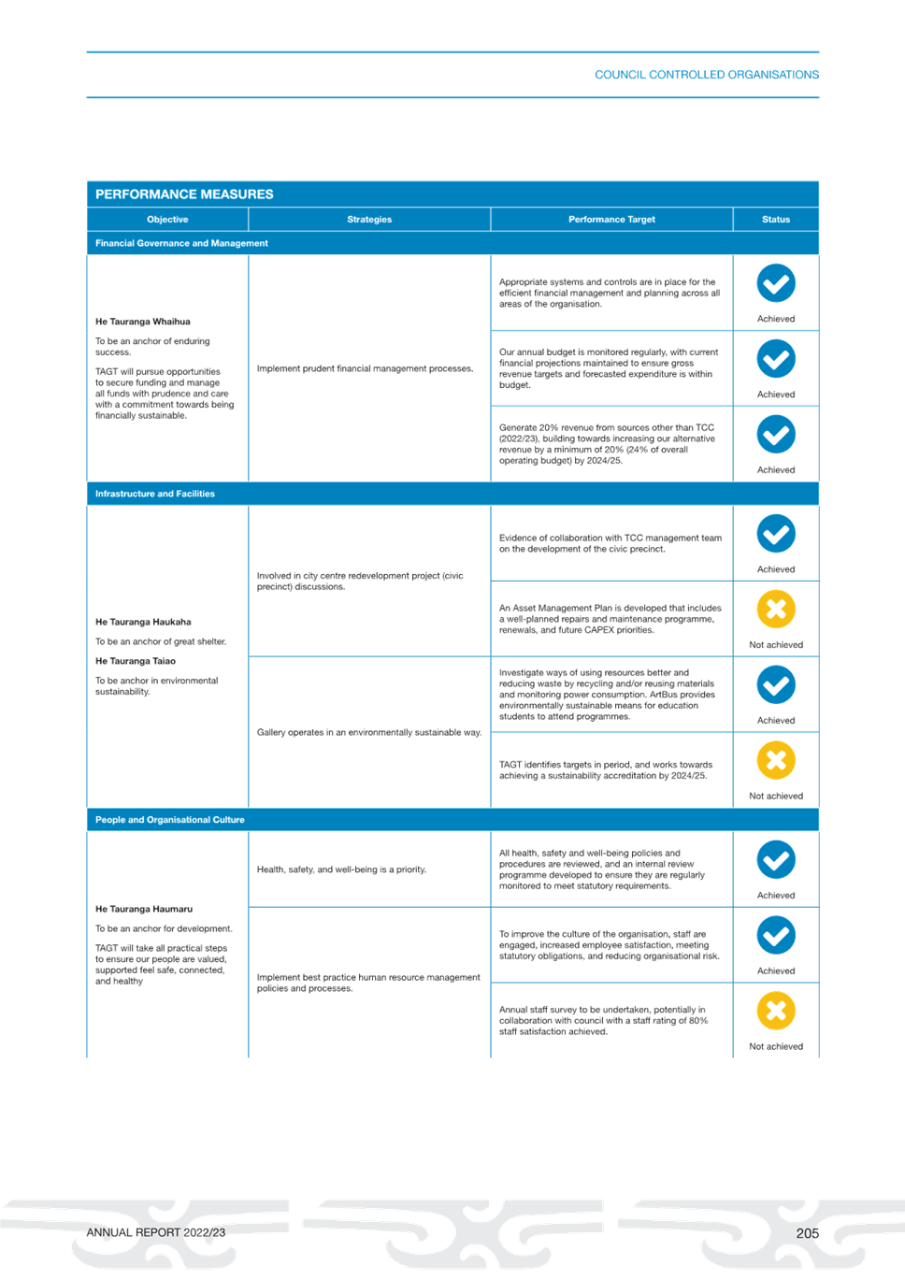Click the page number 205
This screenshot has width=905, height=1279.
(x=808, y=1233)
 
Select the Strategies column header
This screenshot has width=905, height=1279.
(x=369, y=220)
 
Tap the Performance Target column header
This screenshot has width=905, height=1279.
(x=611, y=220)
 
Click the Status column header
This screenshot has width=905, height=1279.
(x=776, y=220)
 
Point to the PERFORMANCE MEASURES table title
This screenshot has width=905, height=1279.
(x=184, y=194)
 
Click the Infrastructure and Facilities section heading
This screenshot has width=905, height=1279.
(x=155, y=494)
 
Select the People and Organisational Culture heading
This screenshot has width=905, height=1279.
(x=169, y=819)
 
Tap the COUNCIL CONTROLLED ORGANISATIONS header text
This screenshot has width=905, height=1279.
(x=707, y=75)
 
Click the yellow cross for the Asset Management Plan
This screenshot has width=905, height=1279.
(x=776, y=610)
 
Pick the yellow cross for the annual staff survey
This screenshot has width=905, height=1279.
(x=776, y=1011)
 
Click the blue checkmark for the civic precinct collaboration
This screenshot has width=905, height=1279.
(x=776, y=534)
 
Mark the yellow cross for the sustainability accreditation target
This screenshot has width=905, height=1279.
(x=776, y=760)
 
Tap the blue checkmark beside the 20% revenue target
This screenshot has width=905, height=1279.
(x=776, y=435)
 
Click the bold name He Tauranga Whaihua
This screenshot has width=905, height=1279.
(x=143, y=322)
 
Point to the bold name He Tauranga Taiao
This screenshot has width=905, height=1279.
(x=136, y=661)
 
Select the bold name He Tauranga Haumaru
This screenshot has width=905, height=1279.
(x=144, y=909)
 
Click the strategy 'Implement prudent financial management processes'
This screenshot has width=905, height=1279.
(x=365, y=369)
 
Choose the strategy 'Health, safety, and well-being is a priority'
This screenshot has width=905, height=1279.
(x=341, y=869)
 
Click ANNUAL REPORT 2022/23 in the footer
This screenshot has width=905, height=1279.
(x=156, y=1233)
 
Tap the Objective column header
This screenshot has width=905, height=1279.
(x=167, y=220)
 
